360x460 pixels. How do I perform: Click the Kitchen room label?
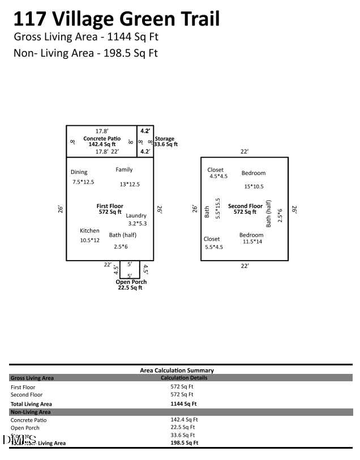[89, 231]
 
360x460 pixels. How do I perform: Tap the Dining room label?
[79, 172]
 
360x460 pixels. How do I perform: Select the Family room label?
[124, 169]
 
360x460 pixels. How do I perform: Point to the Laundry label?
[136, 215]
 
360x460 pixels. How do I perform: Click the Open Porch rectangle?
[130, 269]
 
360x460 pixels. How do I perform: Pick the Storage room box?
[145, 142]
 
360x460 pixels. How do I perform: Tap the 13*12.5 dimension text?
[130, 184]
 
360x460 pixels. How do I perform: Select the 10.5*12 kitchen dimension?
[90, 240]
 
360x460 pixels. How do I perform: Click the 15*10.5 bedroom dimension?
[254, 186]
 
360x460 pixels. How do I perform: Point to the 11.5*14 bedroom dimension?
[252, 242]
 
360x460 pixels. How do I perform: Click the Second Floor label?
[245, 206]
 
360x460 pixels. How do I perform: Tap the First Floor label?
[110, 206]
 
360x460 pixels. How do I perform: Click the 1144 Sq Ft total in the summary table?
[183, 404]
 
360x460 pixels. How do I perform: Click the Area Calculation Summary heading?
[177, 370]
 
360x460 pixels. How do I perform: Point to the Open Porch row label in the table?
[25, 428]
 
